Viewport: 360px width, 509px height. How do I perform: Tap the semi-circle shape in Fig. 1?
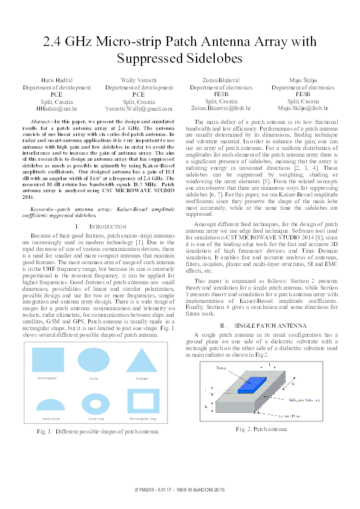[50, 405]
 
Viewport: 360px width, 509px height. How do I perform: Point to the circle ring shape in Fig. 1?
[96, 404]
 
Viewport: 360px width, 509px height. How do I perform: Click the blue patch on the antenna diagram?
[251, 384]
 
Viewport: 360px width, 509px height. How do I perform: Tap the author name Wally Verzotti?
[139, 80]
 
